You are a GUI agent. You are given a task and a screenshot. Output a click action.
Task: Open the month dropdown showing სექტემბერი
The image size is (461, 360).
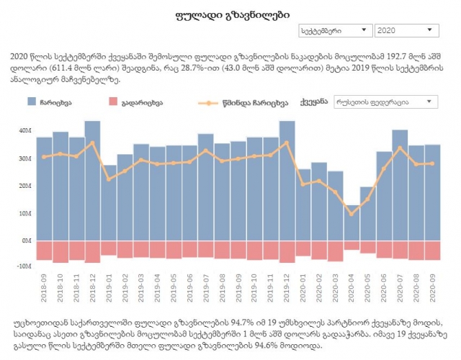335,31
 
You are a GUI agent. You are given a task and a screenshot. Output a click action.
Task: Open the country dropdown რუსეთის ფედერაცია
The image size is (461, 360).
385,102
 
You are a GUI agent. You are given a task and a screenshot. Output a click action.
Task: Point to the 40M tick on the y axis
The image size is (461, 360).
25,131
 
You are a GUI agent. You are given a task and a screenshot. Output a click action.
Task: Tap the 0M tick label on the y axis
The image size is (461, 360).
27,240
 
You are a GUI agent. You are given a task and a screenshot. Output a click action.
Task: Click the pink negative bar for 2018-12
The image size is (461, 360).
93,251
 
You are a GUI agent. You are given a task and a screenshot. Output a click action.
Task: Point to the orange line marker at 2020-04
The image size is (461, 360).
351,213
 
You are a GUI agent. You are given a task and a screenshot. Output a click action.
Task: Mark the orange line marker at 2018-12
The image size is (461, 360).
93,143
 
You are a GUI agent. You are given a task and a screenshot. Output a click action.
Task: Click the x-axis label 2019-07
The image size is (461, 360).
207,288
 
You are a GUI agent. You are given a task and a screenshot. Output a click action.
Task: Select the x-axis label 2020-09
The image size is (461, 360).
433,288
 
